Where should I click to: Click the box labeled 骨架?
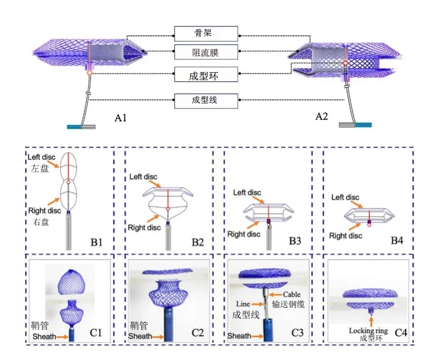point(206,34)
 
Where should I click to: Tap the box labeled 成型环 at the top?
point(206,74)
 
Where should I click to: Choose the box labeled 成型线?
point(206,100)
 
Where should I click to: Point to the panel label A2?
point(321,116)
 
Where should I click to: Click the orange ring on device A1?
point(90,73)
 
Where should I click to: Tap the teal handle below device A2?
point(363,125)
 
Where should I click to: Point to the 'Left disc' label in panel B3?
point(246,193)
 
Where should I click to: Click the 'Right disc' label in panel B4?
point(345,236)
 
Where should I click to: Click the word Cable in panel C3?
point(292,294)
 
